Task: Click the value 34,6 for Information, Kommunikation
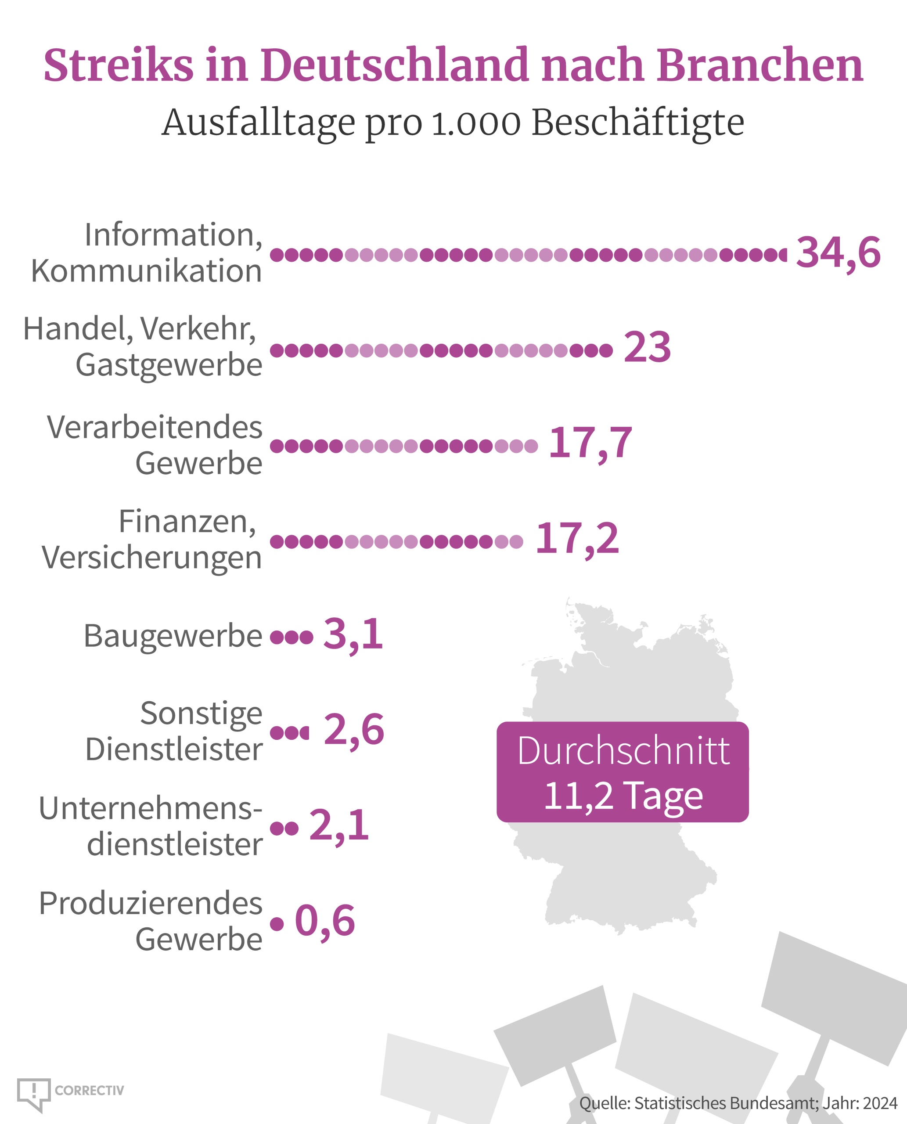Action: click(838, 253)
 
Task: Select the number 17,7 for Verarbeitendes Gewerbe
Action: click(590, 443)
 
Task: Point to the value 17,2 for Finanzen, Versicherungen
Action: click(577, 539)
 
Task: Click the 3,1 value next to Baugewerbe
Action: click(353, 635)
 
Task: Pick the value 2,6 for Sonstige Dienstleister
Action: click(354, 730)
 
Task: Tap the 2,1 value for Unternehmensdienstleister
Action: click(339, 825)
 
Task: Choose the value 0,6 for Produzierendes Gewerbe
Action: click(325, 921)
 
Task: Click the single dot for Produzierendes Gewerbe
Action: click(277, 924)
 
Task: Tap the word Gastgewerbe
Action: click(169, 365)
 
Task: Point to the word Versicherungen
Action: click(151, 558)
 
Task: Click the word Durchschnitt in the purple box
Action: click(623, 751)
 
